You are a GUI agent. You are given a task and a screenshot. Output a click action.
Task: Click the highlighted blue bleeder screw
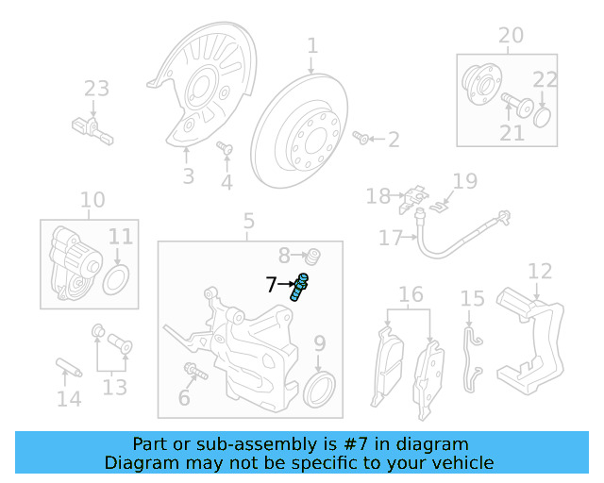pos(299,287)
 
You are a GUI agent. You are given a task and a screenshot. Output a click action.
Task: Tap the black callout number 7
pos(271,285)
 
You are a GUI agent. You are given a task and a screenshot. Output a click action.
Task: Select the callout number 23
pos(96,88)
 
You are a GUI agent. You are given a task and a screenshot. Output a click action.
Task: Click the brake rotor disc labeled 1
pos(299,131)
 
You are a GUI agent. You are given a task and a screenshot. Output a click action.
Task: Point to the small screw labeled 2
pos(361,137)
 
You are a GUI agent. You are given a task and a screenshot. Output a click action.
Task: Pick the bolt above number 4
pos(225,148)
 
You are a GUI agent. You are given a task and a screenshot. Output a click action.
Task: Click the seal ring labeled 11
pos(115,279)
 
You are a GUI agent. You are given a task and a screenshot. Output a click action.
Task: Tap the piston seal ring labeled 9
pos(319,390)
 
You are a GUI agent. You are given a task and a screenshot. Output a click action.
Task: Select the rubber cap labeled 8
pos(312,257)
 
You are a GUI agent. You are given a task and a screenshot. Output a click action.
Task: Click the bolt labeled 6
pos(196,371)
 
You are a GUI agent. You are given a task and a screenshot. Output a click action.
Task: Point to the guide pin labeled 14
pos(69,368)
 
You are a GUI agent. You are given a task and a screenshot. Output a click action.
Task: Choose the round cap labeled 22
pos(542,118)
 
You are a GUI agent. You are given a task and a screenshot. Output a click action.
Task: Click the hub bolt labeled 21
pos(517,105)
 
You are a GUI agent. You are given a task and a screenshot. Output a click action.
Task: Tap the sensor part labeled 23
pos(92,131)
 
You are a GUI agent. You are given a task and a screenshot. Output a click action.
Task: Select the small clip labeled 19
pos(439,207)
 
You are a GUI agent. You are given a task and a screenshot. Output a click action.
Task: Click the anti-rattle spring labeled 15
pos(473,359)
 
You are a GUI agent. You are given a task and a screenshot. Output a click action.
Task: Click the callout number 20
pos(511,36)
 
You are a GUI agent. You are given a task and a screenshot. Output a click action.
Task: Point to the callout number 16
pos(411,294)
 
